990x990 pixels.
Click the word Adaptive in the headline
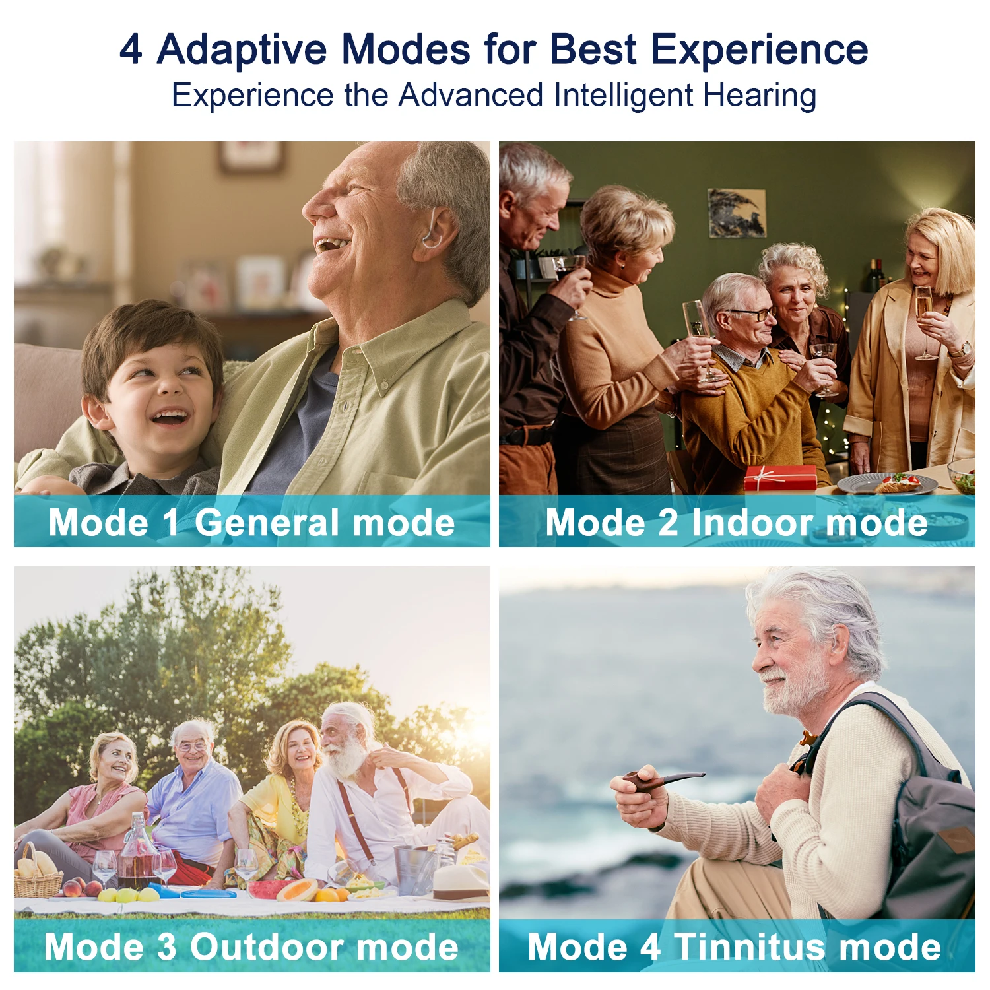pos(242,50)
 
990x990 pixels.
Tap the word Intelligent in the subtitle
pos(623,96)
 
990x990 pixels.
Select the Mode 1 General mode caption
pos(251,523)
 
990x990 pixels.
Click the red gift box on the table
pos(780,478)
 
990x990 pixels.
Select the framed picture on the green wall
pos(737,213)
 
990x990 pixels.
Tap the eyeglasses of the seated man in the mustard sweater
pos(753,315)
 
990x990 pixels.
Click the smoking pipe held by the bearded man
pos(660,781)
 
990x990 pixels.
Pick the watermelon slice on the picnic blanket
pos(267,889)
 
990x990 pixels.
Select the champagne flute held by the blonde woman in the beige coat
pos(924,317)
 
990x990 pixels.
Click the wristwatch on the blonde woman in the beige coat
pos(965,348)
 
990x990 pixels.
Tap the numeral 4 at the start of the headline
pos(131,50)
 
